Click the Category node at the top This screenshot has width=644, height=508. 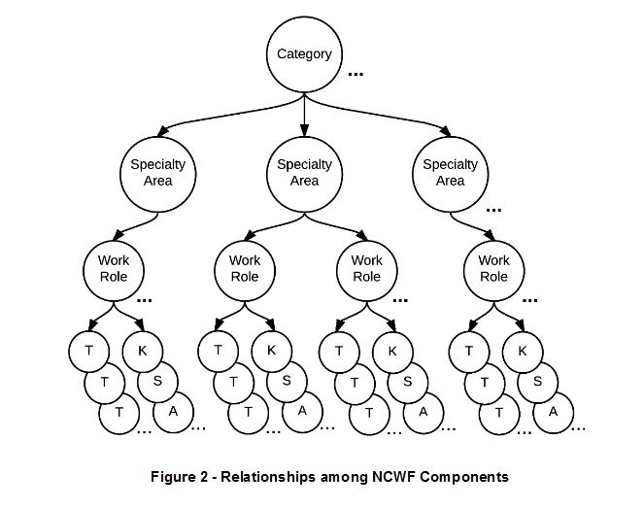304,54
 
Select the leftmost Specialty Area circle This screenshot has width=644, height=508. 158,172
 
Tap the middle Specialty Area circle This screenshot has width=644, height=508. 304,172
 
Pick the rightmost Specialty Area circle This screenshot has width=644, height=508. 450,172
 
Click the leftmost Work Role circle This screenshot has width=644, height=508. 113,268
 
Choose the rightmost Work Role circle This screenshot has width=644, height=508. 493,268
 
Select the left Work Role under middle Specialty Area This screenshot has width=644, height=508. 245,268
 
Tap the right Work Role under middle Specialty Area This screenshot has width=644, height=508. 366,268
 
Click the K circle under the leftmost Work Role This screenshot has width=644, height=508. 143,351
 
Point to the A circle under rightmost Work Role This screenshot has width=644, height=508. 553,411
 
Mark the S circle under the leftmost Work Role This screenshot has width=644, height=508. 157,381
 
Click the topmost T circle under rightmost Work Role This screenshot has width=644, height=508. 470,351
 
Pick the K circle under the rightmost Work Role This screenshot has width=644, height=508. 523,351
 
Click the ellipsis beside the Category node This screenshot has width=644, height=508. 356,74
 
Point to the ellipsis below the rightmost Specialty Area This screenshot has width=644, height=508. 493,209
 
